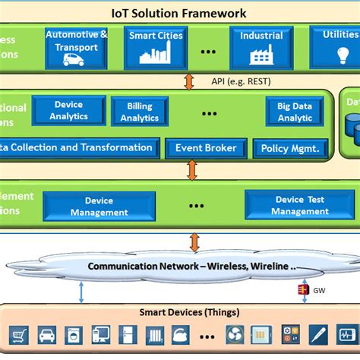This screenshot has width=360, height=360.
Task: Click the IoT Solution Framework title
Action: (x=180, y=13)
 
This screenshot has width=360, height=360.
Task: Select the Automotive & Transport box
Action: (x=76, y=48)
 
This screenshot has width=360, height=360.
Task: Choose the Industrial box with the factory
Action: (x=261, y=48)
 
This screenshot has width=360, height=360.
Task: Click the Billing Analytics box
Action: (x=141, y=111)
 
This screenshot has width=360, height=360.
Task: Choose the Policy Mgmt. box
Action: (x=291, y=149)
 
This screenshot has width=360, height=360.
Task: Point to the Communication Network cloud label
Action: (x=191, y=267)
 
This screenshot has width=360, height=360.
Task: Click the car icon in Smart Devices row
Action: (x=46, y=334)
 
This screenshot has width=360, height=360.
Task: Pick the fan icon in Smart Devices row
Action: (x=234, y=334)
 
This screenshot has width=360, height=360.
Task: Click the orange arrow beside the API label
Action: (x=190, y=81)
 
